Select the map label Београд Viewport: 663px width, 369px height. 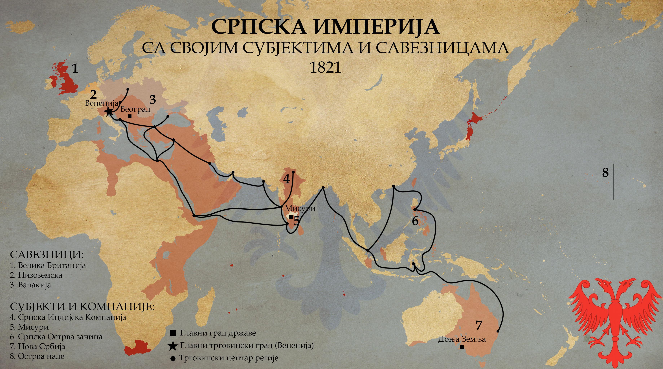135,109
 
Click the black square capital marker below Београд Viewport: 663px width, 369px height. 130,116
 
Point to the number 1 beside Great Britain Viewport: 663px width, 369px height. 75,69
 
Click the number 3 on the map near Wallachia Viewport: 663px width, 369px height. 153,100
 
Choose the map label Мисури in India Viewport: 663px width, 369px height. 300,208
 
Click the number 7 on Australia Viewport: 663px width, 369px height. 479,325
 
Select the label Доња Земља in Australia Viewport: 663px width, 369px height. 462,339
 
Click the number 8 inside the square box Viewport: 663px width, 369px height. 605,173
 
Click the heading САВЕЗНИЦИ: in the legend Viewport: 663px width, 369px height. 47,255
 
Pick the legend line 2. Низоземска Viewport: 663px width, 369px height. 36,275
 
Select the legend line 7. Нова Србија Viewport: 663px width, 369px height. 38,346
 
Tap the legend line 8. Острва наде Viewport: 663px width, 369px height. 37,356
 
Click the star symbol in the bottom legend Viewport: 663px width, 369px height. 173,346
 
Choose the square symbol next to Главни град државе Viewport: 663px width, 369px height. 173,333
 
